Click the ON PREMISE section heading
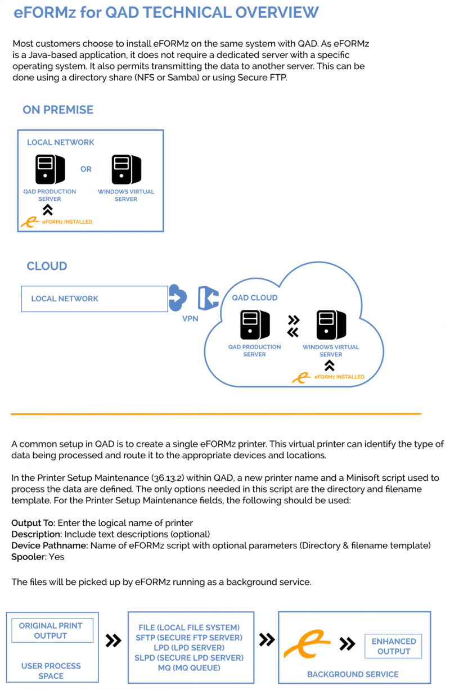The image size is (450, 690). (x=58, y=110)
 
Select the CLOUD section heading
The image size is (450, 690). (x=47, y=266)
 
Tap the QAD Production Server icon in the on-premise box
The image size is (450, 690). (x=49, y=169)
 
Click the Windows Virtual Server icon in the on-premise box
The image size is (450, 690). (x=126, y=169)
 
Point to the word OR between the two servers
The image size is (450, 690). (x=85, y=169)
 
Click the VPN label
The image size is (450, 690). (x=190, y=318)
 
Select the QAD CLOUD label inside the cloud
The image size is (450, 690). (x=255, y=297)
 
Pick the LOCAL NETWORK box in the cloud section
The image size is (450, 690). (x=94, y=299)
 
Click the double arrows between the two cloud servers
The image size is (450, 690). (x=292, y=326)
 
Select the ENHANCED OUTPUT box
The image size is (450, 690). (x=394, y=646)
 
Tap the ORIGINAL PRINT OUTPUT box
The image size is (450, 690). (x=51, y=630)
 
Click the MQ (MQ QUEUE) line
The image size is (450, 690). (x=189, y=668)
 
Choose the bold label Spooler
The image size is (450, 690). (x=30, y=557)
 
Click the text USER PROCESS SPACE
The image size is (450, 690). (x=51, y=670)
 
